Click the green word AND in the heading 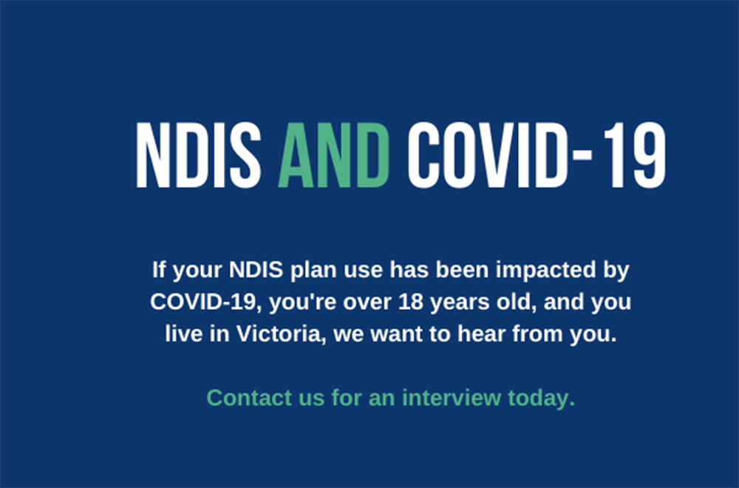click(x=334, y=155)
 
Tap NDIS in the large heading click(x=198, y=155)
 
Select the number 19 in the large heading click(x=635, y=155)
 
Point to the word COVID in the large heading click(x=489, y=155)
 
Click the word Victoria click(x=281, y=334)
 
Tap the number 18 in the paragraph click(x=411, y=302)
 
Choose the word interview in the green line click(x=452, y=398)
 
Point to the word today click(x=541, y=398)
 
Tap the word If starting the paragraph click(x=160, y=270)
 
